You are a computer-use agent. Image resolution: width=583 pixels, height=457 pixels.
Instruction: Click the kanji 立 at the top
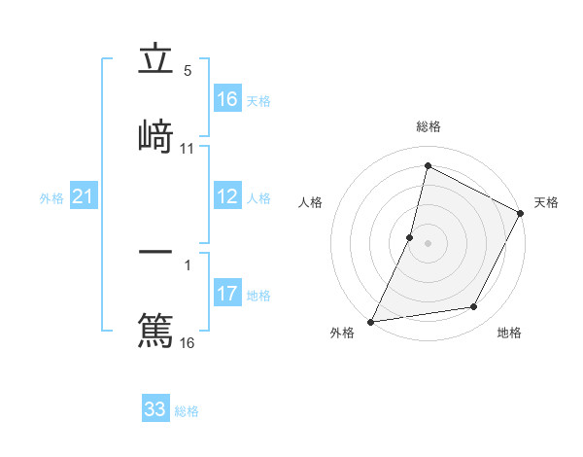(x=155, y=60)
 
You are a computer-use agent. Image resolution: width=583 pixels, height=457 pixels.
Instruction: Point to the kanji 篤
(x=155, y=329)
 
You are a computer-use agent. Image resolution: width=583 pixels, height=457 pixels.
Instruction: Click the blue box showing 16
(x=227, y=99)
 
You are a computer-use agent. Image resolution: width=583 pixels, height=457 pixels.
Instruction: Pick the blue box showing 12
(x=227, y=196)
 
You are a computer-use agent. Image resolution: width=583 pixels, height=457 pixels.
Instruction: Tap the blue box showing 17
(x=227, y=294)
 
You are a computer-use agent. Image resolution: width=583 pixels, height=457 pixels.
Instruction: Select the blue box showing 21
(x=84, y=197)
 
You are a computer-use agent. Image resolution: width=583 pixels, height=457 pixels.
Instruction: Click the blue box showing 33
(x=155, y=409)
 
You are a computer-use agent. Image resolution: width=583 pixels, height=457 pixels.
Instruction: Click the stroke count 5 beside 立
(x=188, y=71)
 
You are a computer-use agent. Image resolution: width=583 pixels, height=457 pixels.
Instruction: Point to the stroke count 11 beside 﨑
(x=188, y=149)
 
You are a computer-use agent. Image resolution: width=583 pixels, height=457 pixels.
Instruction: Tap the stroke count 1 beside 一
(x=188, y=264)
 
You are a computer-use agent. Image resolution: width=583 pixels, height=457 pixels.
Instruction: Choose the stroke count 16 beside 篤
(x=188, y=342)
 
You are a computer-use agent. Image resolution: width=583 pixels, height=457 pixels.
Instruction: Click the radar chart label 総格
(x=429, y=126)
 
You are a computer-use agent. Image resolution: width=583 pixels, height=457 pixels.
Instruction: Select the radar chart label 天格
(x=546, y=202)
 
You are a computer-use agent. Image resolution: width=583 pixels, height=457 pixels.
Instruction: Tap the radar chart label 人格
(x=311, y=202)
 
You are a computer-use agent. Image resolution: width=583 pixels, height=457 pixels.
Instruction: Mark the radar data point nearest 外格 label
(x=371, y=321)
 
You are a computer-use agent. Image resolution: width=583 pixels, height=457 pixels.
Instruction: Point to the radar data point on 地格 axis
(x=474, y=307)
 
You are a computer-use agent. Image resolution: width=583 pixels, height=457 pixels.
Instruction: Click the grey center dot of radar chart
(x=429, y=243)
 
